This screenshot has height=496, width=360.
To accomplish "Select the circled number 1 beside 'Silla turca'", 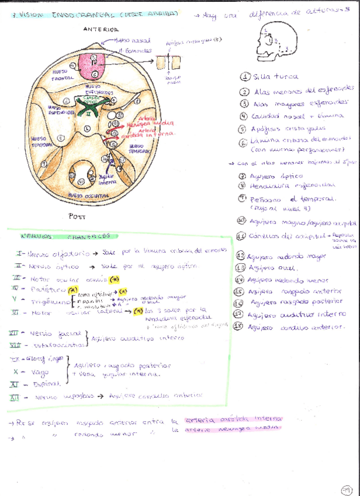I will point(244,77).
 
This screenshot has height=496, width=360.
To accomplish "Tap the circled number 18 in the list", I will point(238,326).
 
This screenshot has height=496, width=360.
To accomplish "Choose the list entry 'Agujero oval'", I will point(269,267).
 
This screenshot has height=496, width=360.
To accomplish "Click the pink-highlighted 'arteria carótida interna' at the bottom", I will point(233,419).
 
